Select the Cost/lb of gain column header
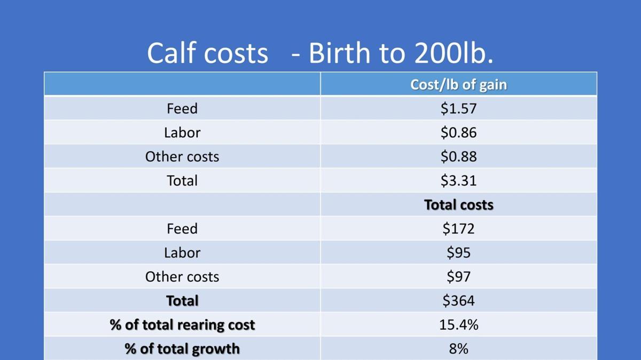point(458,84)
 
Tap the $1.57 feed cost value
point(458,108)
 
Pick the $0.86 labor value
point(458,132)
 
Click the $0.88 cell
point(458,156)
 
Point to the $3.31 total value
point(458,181)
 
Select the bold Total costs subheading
point(458,205)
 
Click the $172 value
point(458,229)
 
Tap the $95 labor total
point(458,253)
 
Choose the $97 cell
point(458,277)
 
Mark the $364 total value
point(458,301)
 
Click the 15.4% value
point(458,325)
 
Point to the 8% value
point(458,349)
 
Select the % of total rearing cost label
point(182,325)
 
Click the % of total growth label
point(182,349)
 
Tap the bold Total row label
point(182,301)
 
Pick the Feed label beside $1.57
point(182,108)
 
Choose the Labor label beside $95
point(182,253)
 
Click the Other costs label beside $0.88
point(182,156)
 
